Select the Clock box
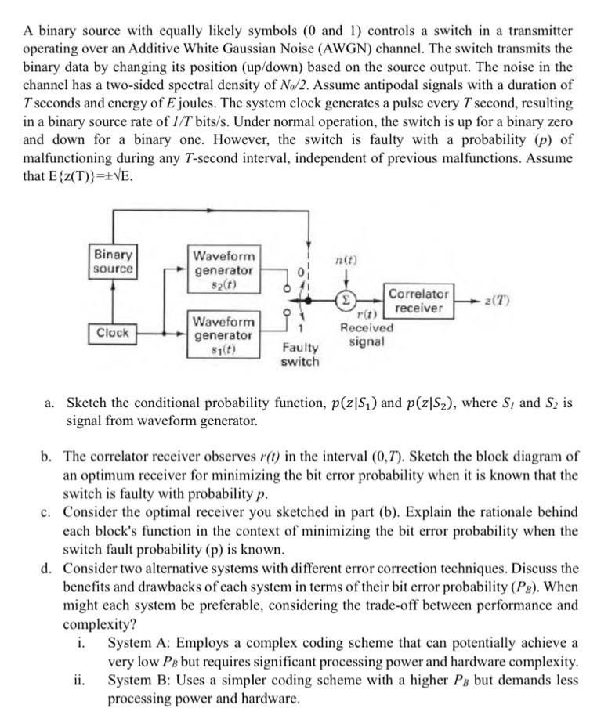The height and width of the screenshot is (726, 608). pyautogui.click(x=114, y=332)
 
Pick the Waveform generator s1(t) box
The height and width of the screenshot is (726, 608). pyautogui.click(x=223, y=335)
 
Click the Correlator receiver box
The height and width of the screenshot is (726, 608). pyautogui.click(x=419, y=302)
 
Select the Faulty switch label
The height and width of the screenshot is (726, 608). pyautogui.click(x=300, y=354)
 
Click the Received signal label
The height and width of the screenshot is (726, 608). pyautogui.click(x=367, y=334)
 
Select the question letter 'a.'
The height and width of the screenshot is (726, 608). pyautogui.click(x=50, y=404)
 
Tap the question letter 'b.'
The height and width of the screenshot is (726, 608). pyautogui.click(x=49, y=456)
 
